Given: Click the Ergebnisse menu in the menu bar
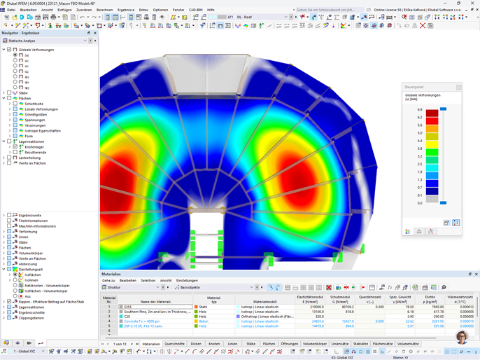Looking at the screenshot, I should pos(126,10).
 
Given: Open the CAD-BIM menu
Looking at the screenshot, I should pos(196,10).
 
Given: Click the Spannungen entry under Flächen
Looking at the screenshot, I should pos(34,120).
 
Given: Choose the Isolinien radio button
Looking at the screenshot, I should pos(15,280).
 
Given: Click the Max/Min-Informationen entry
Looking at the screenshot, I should pos(38,226).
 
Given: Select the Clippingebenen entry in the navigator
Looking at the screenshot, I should pos(31,318).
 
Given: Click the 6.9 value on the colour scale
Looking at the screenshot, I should pos(419,110).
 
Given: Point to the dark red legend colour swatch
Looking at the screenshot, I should pos(432,113).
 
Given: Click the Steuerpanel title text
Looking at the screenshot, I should pos(414,88).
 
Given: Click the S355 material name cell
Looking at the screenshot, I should pos(129,307).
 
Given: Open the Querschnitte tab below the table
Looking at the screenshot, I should pos(174,344).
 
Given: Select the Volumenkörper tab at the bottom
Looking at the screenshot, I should pos(315,344).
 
